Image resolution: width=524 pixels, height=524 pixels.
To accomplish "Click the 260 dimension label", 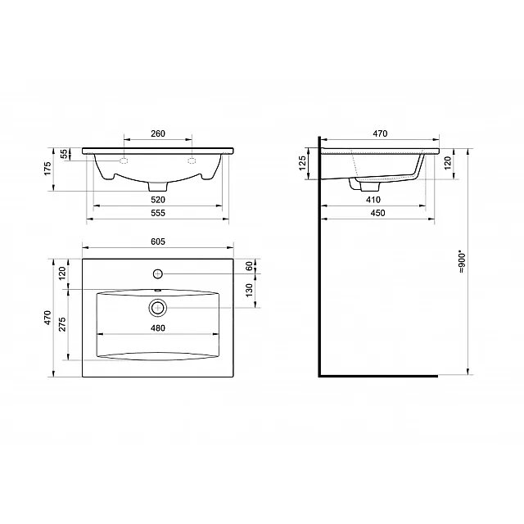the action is coord(158,133).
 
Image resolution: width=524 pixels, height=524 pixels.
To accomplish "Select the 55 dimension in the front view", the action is coord(64,154).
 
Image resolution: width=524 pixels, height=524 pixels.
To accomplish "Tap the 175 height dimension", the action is coord(47,169).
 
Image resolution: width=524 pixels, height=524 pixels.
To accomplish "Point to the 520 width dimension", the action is coord(158,200).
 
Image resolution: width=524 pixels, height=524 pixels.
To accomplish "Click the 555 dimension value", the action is coord(158,213).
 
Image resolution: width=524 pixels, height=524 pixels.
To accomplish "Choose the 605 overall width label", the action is coord(158,242).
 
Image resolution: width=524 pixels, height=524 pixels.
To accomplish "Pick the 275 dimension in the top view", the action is coord(62,324).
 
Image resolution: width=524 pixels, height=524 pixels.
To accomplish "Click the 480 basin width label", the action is coord(158,328).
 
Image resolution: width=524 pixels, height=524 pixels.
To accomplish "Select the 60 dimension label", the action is coord(249,266).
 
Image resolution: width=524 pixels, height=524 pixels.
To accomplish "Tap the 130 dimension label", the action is coord(249,290).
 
